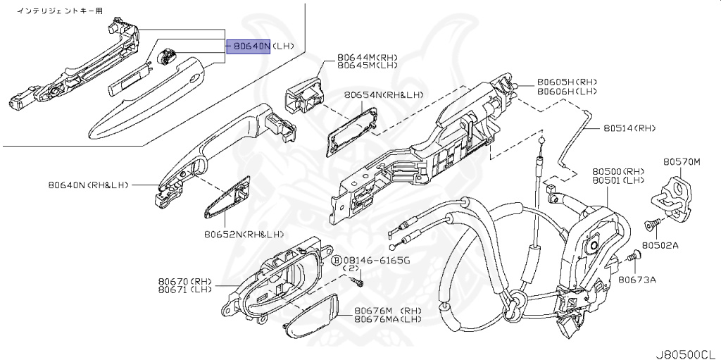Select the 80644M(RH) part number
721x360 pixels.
[x=367, y=56]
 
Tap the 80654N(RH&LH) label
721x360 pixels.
[x=384, y=94]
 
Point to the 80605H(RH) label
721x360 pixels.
[x=567, y=82]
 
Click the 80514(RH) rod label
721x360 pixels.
[x=629, y=128]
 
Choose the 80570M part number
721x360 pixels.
[x=682, y=161]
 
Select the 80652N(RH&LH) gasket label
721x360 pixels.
[x=244, y=234]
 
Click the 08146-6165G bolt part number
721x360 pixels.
[x=376, y=260]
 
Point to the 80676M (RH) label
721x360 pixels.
[x=387, y=311]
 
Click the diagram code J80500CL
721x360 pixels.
[x=686, y=352]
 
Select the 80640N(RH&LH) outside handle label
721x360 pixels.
[x=89, y=185]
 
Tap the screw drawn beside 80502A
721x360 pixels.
[x=652, y=225]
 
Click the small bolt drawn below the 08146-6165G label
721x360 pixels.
[x=358, y=283]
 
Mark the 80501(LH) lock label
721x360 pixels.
[x=618, y=180]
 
